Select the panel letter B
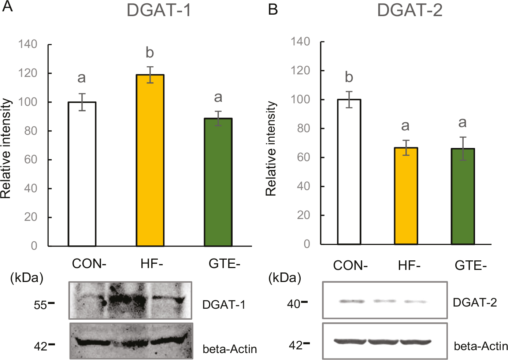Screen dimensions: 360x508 click(x=273, y=9)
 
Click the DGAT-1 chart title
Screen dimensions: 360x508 click(x=159, y=10)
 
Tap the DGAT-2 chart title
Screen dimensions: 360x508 click(x=409, y=10)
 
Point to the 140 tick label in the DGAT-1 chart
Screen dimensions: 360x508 click(x=28, y=44)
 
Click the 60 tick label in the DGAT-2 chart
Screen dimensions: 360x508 click(x=304, y=157)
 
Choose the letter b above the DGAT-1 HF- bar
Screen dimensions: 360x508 click(x=149, y=53)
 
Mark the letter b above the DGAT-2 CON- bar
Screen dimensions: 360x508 click(x=349, y=77)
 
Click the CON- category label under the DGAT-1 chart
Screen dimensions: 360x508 click(x=89, y=264)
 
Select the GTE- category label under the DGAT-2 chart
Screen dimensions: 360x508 click(x=471, y=265)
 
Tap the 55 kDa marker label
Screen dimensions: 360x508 click(x=40, y=305)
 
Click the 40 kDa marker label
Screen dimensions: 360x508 click(x=294, y=304)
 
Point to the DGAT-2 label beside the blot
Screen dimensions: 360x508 click(x=475, y=303)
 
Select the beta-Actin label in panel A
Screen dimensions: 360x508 click(x=230, y=349)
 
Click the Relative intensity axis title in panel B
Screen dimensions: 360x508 click(x=271, y=149)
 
